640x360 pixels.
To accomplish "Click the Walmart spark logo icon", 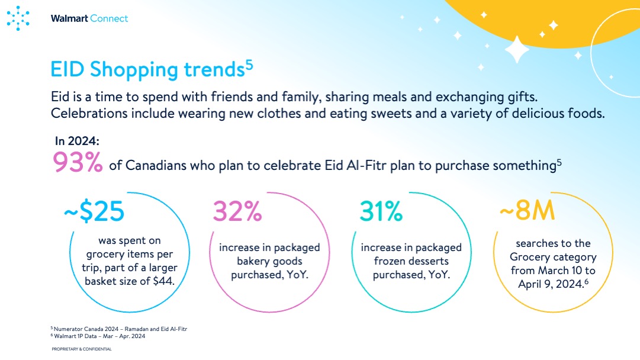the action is [x=18, y=18].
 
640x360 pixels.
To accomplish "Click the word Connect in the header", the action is [x=109, y=18].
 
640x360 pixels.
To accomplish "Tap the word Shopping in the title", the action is [x=134, y=70].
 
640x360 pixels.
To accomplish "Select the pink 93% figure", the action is [x=78, y=162].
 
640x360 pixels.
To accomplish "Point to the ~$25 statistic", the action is [x=94, y=211].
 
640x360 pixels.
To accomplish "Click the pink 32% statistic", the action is [x=237, y=211].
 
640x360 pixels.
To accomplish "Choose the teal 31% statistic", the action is [x=381, y=211].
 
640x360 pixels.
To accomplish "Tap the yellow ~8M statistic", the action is [x=528, y=210].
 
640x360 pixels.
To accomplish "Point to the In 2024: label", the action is [x=77, y=142].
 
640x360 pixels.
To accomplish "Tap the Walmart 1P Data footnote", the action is [x=98, y=336].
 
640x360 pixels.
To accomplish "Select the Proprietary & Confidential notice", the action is [x=82, y=349].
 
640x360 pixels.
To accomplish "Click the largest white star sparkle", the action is [x=517, y=50].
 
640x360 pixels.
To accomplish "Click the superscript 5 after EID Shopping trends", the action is [x=249, y=65].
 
